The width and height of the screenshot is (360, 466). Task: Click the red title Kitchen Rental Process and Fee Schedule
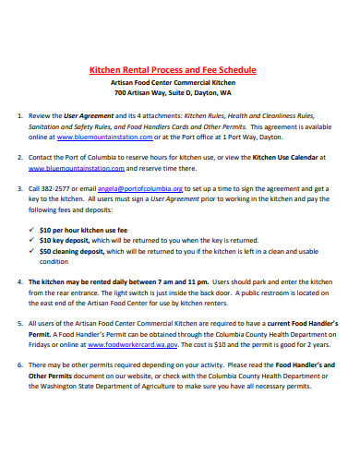[172, 69]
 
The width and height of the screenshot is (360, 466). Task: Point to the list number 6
[20, 365]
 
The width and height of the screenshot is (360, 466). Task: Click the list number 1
[20, 117]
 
